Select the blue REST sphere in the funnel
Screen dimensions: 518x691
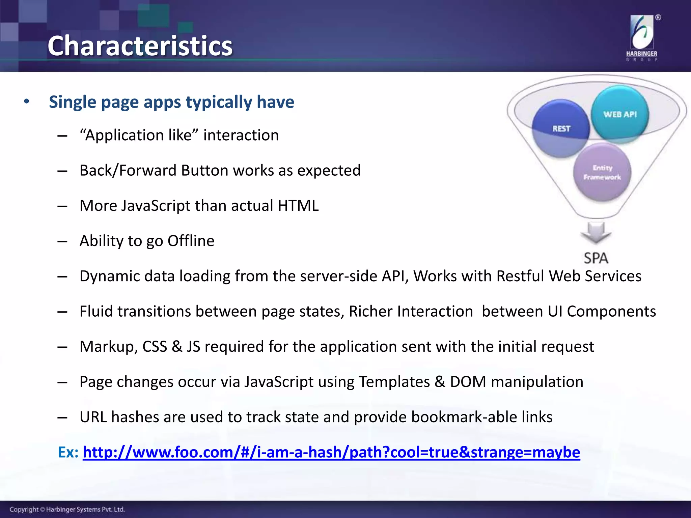click(561, 128)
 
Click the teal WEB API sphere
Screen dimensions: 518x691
click(620, 114)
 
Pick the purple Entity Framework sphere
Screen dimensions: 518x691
click(602, 172)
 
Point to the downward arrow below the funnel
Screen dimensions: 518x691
click(596, 232)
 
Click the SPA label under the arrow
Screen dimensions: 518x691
click(596, 258)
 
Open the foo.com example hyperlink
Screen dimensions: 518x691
click(331, 452)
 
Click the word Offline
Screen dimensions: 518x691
click(191, 241)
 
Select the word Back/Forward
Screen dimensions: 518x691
click(128, 170)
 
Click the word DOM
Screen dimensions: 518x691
click(468, 382)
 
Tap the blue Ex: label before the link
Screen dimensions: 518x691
click(68, 452)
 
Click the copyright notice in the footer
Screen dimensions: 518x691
click(67, 509)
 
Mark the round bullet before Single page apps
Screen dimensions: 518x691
click(27, 102)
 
